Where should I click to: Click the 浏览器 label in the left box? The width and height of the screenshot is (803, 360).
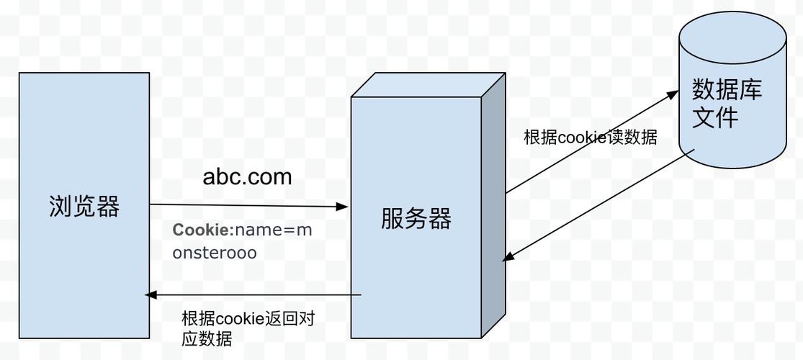[x=84, y=207]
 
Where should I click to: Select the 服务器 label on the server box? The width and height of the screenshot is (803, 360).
[x=416, y=219]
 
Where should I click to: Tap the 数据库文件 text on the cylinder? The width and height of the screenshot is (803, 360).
[x=727, y=104]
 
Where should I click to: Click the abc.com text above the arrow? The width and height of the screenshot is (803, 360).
[x=247, y=176]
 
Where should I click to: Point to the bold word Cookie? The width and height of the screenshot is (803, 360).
[x=203, y=230]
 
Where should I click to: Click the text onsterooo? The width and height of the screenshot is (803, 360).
[x=215, y=253]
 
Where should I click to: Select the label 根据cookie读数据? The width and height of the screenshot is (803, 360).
[x=591, y=138]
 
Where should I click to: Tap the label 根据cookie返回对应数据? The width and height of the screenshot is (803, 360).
[x=248, y=328]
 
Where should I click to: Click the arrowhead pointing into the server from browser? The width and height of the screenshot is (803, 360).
[x=341, y=207]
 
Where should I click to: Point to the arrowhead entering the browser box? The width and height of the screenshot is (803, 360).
[x=151, y=294]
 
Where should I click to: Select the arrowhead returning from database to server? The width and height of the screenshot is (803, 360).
[x=508, y=256]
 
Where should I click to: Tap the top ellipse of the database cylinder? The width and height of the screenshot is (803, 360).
[x=732, y=36]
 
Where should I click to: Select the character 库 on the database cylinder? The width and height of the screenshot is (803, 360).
[x=750, y=90]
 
